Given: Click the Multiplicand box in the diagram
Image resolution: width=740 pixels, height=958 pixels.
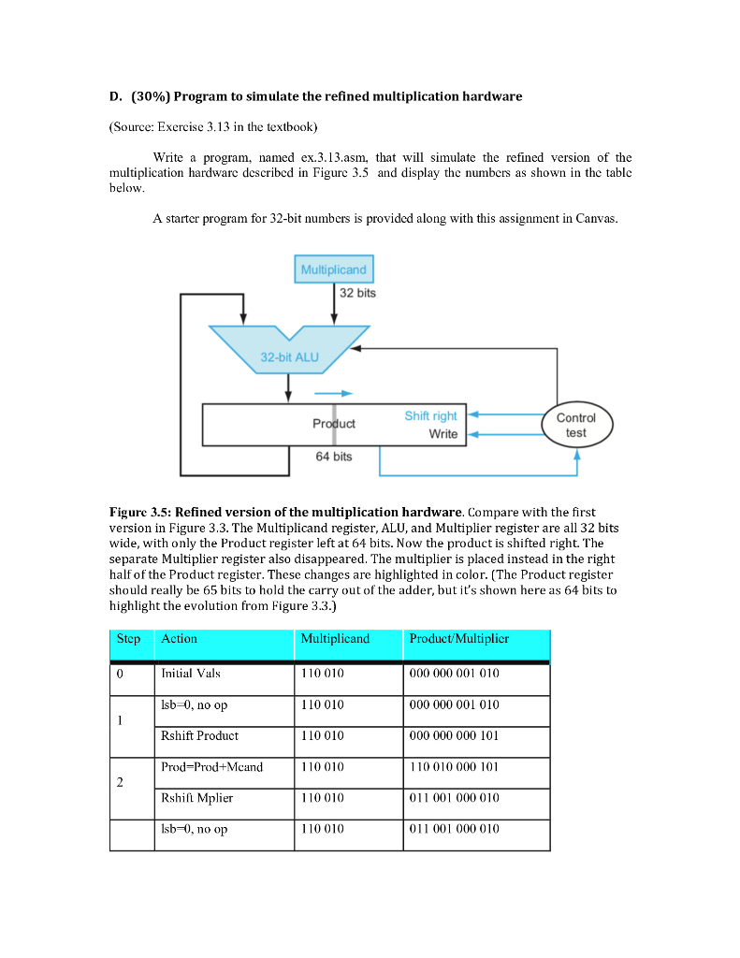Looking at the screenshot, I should click(x=334, y=270).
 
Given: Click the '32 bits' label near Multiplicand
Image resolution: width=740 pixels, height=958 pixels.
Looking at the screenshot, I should click(x=357, y=294).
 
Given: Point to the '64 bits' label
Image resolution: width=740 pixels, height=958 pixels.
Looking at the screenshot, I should click(x=333, y=457).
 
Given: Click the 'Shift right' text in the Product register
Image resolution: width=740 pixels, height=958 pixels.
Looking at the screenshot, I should click(x=430, y=415).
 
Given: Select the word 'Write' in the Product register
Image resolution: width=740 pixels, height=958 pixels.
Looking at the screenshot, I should click(x=443, y=434).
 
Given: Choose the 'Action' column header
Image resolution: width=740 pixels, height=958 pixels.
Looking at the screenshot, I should click(x=180, y=639).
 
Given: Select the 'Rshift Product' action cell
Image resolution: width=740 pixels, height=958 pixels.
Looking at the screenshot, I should click(x=199, y=735).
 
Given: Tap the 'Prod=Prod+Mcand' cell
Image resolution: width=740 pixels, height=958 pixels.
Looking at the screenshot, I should click(x=211, y=767).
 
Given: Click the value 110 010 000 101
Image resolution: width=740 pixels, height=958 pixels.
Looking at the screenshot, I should click(x=454, y=767).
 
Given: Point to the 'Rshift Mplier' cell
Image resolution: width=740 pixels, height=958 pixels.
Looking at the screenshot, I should click(x=196, y=798).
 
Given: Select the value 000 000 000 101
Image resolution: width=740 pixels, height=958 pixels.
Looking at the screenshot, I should click(x=454, y=735).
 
